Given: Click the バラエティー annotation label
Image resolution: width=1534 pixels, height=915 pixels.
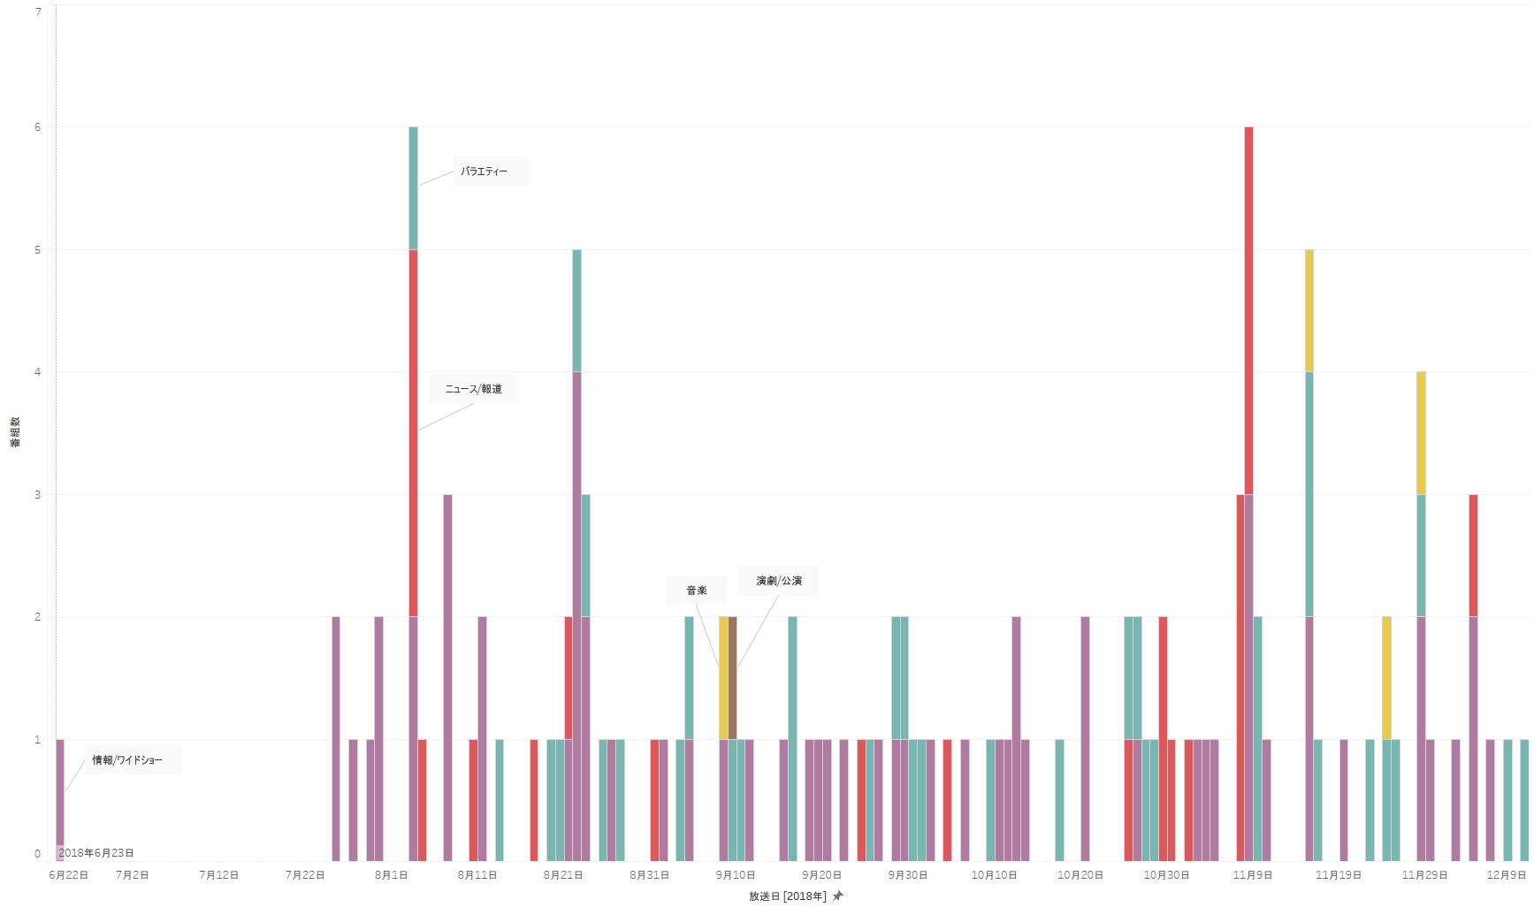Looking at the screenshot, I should click(484, 172).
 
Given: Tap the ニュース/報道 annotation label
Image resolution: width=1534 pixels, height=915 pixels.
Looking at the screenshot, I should click(473, 389).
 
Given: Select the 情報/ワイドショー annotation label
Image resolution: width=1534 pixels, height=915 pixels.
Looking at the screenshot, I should click(127, 760).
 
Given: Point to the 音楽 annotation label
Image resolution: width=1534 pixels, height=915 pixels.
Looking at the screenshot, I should click(697, 591).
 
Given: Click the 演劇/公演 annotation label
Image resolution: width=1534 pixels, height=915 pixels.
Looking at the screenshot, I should click(779, 581).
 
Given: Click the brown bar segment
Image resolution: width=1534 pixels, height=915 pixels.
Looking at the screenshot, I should click(732, 677).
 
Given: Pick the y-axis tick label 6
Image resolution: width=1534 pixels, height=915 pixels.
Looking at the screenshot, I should click(37, 127).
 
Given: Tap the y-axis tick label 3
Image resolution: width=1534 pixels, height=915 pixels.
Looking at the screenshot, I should click(37, 495).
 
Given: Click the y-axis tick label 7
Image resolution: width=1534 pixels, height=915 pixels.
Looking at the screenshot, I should click(37, 12).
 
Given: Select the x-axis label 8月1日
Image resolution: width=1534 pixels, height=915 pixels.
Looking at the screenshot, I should click(391, 875).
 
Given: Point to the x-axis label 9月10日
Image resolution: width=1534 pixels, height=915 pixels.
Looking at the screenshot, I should click(736, 875).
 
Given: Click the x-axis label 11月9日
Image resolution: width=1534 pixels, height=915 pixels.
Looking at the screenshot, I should click(1253, 875).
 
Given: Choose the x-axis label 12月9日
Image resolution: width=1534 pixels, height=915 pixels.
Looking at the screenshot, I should click(1507, 875).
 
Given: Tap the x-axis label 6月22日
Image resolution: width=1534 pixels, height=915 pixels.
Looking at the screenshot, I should click(68, 875).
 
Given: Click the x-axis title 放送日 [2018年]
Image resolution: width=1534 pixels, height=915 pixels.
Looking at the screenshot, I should click(787, 896).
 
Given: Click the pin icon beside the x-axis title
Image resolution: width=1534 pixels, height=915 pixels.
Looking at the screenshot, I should click(838, 896).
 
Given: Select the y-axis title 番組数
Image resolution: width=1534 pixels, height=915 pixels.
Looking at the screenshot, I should click(15, 431).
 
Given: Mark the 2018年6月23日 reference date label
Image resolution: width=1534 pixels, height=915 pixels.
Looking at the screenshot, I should click(96, 853).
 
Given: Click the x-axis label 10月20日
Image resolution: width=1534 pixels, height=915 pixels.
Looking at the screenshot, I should click(1080, 875).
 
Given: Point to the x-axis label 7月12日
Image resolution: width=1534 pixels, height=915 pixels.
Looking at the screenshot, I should click(218, 875).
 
